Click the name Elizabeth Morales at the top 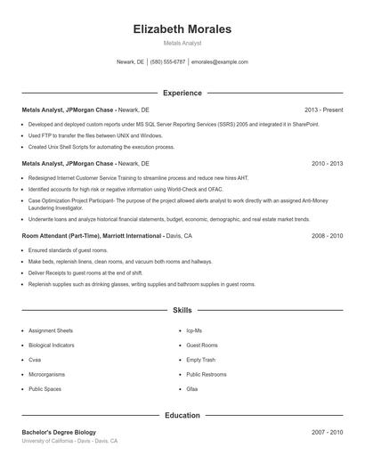click(x=182, y=29)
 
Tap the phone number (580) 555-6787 click(x=167, y=62)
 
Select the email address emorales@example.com click(x=220, y=62)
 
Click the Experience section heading click(x=182, y=93)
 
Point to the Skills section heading click(x=182, y=310)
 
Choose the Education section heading click(x=182, y=415)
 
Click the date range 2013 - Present click(x=323, y=110)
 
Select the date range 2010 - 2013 click(x=327, y=164)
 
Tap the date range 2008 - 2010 click(x=327, y=236)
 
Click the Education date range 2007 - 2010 click(x=327, y=432)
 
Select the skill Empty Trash click(x=200, y=360)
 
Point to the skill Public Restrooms click(x=207, y=375)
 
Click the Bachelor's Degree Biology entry click(x=59, y=432)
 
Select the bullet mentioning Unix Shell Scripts click(x=101, y=147)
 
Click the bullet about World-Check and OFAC click(x=111, y=189)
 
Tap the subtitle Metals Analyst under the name click(x=182, y=44)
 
